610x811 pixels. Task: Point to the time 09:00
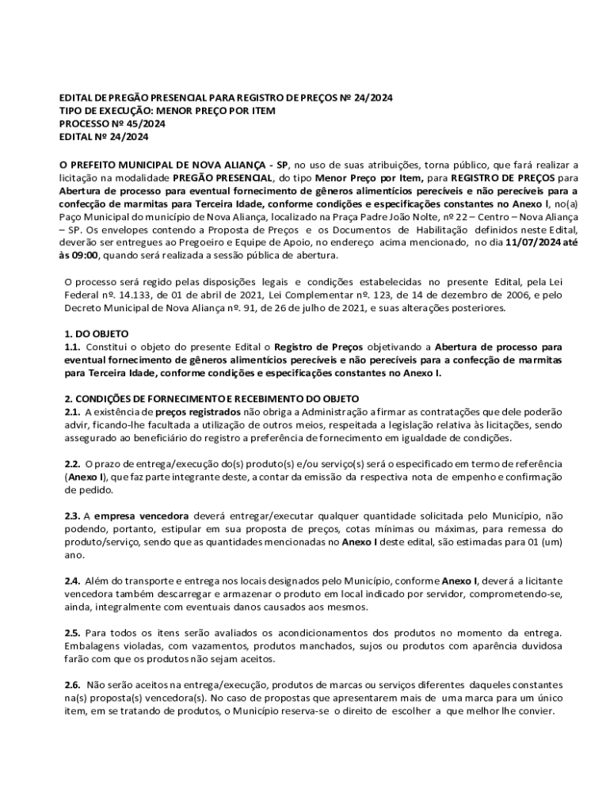coord(86,255)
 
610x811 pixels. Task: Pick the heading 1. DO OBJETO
coord(96,333)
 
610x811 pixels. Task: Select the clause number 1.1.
coord(72,346)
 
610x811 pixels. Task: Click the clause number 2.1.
coord(72,412)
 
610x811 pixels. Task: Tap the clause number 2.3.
coord(72,516)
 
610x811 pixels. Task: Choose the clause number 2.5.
coord(72,632)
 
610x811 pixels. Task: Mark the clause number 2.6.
coord(72,683)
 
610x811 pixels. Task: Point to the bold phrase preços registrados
coord(197,412)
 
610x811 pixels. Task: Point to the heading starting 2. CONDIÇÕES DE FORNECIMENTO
coord(212,398)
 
